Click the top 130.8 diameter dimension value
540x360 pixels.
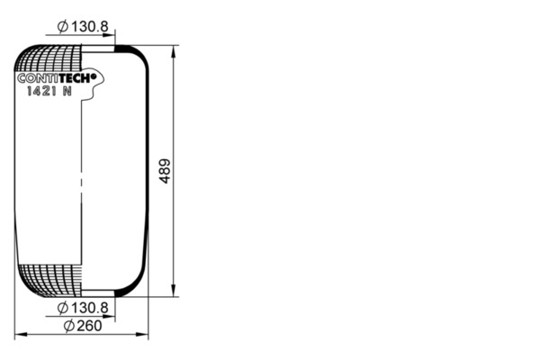point(90,26)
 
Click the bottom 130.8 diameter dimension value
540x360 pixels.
point(90,308)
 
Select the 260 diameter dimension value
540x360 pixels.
point(89,326)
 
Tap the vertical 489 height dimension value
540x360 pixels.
point(165,171)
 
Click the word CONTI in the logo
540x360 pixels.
point(38,78)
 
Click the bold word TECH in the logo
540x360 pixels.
point(74,78)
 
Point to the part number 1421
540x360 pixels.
point(41,91)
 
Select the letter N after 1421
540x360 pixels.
point(67,91)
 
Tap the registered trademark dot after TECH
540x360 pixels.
point(93,76)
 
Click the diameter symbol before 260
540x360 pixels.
point(69,326)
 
